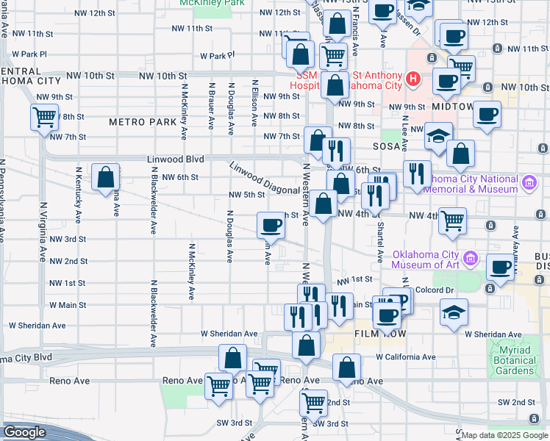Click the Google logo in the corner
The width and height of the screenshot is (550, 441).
point(25,432)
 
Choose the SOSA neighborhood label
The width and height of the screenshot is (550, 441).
point(385,146)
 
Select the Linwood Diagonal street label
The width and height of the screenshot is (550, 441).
point(263,178)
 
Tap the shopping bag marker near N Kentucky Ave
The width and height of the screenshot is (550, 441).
point(106,176)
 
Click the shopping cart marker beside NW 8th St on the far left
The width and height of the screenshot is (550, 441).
point(44,116)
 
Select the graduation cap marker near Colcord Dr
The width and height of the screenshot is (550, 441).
point(454,311)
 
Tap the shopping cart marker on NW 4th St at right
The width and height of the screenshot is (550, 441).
point(453,220)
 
